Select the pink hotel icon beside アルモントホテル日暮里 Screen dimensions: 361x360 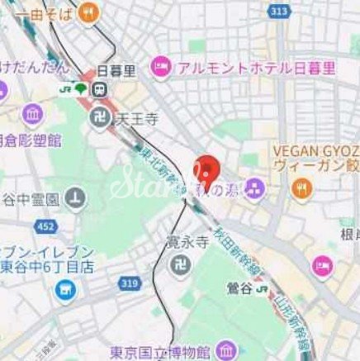(x=160, y=64)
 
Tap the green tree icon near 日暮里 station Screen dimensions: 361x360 (x=80, y=88)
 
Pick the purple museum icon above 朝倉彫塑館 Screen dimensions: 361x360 (x=32, y=114)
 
